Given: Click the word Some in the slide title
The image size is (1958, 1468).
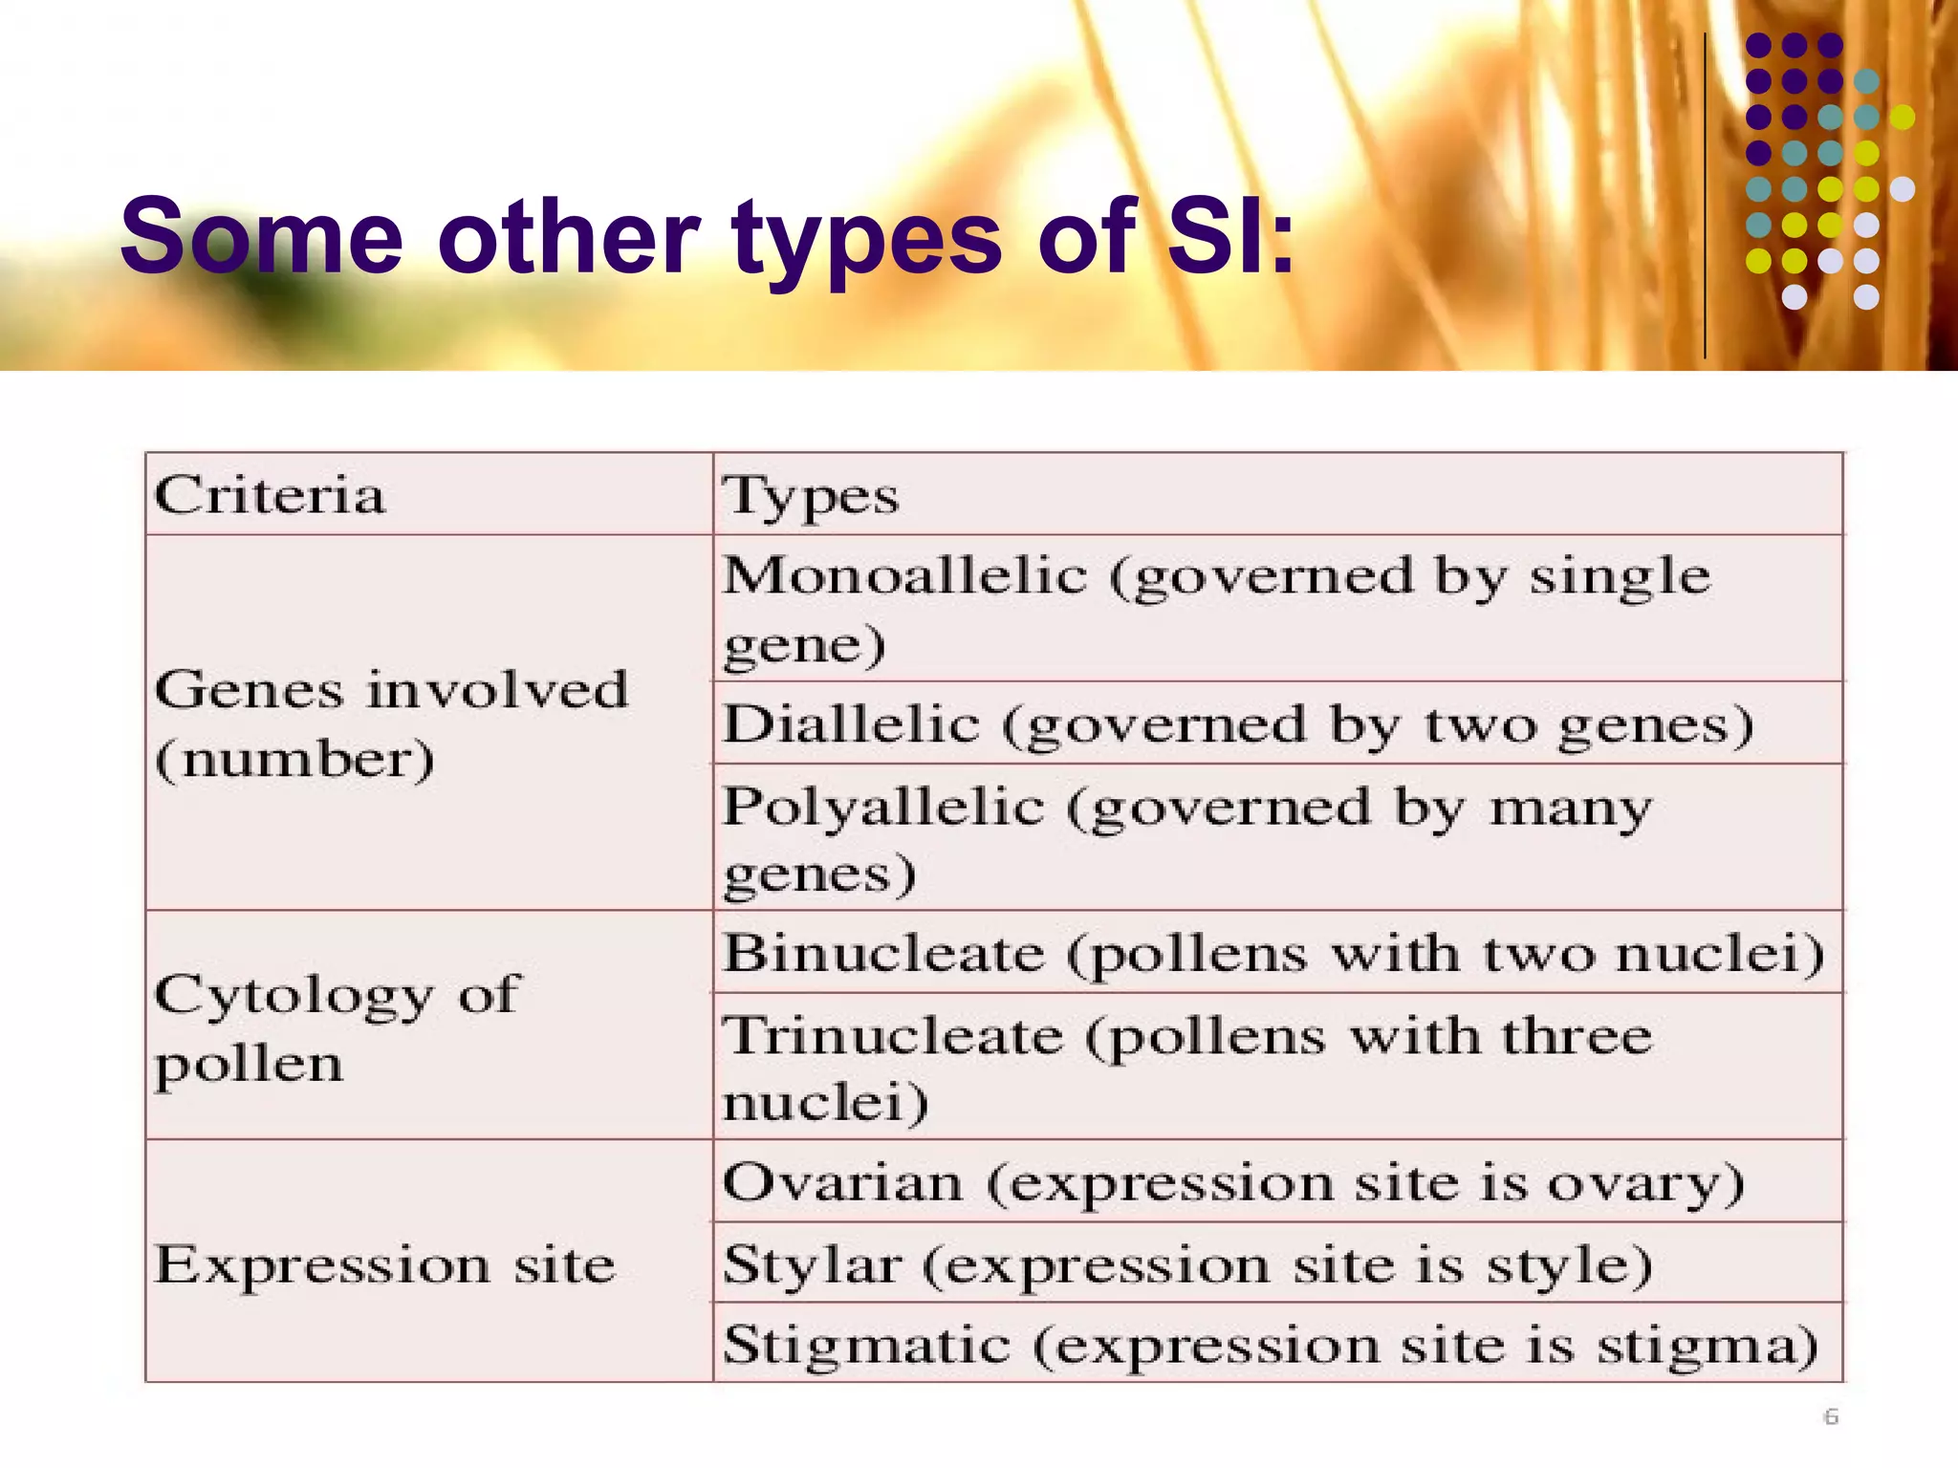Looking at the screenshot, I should click(x=261, y=236).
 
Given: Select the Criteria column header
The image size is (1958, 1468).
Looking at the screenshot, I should click(x=270, y=496).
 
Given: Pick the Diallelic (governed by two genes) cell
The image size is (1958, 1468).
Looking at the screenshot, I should click(x=1238, y=724).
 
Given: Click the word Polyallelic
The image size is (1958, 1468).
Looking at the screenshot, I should click(x=883, y=807).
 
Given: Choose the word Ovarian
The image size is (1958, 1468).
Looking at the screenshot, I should click(x=842, y=1183).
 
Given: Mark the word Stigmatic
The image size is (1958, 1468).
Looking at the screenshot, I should click(x=866, y=1346).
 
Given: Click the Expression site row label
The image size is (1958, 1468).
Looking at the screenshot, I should click(x=384, y=1265).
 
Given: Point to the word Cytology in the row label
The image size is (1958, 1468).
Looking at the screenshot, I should click(x=294, y=996).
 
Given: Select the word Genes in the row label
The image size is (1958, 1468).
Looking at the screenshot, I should click(x=249, y=690).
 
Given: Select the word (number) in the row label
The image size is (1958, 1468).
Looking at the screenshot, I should click(x=294, y=761).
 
